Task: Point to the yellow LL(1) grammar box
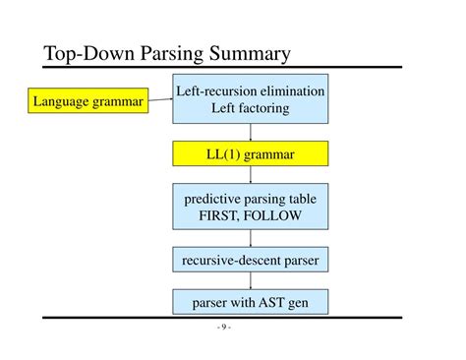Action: click(x=250, y=154)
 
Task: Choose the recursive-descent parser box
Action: click(x=250, y=260)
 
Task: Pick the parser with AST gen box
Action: click(x=250, y=302)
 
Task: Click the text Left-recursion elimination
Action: click(x=250, y=91)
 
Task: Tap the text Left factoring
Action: click(x=250, y=108)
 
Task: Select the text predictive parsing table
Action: click(x=250, y=199)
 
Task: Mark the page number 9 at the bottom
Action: click(x=224, y=328)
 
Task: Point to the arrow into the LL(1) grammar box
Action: click(x=250, y=132)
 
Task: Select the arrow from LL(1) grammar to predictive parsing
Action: click(x=250, y=175)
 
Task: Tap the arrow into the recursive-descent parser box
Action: click(x=250, y=239)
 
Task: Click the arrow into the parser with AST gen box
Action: click(x=250, y=281)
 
